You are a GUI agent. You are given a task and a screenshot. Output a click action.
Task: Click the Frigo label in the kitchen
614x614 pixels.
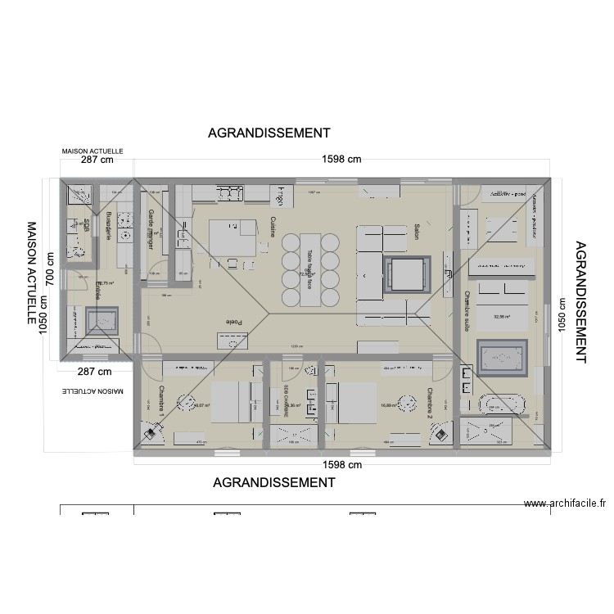280,196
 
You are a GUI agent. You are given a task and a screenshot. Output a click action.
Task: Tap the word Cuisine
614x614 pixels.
272,227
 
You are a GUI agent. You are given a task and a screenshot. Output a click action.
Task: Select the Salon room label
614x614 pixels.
417,230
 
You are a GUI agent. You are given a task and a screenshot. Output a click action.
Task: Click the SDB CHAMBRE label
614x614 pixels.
286,401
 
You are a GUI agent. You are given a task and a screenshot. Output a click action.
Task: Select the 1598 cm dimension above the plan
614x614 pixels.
341,160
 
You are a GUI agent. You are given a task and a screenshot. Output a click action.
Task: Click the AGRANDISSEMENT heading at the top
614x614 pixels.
269,133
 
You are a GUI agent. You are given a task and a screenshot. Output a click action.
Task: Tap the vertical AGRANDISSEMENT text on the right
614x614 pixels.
582,301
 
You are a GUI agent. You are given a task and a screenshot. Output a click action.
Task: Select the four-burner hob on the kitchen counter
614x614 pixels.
230,193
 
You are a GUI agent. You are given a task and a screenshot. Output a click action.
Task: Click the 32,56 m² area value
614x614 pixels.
502,315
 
